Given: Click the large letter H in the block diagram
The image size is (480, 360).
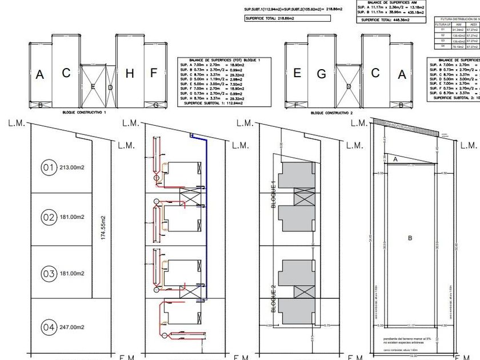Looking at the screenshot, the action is point(130,73).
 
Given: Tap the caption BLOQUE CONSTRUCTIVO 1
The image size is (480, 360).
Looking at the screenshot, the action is point(84,113).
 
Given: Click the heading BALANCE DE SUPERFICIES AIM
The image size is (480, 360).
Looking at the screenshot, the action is point(391,3).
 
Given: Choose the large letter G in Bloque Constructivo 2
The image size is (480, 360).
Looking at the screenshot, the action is point(321,74).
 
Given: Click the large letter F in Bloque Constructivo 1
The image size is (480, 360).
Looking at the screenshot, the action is point(153,73).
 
